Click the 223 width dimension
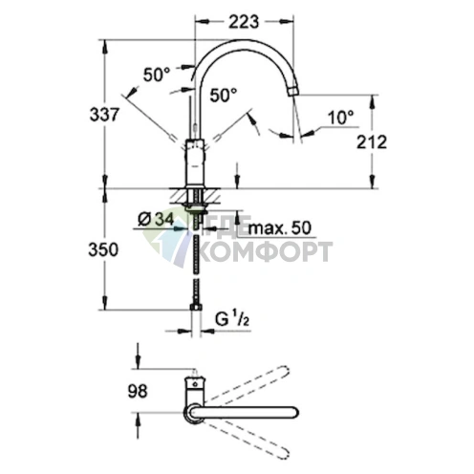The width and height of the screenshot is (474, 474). (x=244, y=22)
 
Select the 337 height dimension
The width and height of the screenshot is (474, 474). (x=104, y=115)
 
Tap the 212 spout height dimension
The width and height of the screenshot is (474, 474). (x=372, y=141)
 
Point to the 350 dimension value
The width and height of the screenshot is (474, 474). (x=103, y=249)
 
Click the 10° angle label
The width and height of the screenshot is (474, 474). (x=340, y=118)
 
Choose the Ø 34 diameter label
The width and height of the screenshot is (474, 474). (x=156, y=220)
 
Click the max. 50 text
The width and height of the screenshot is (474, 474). (x=279, y=228)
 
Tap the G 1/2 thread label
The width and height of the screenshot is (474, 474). (x=232, y=319)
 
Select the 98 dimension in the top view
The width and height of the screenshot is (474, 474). (x=138, y=391)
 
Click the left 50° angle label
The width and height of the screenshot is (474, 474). (x=157, y=75)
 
